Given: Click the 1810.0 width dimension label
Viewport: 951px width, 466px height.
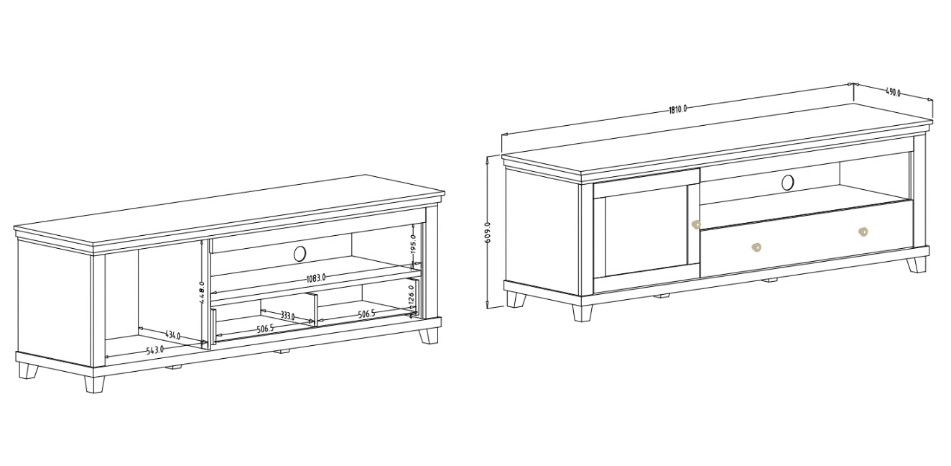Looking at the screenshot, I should (x=678, y=109).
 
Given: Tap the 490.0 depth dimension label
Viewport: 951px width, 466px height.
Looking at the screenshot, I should (x=892, y=92).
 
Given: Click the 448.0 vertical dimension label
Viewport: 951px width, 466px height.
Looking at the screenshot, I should (x=203, y=293).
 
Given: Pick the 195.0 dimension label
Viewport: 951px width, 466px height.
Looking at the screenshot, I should (x=414, y=244).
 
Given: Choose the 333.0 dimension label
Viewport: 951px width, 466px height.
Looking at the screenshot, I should (x=287, y=316).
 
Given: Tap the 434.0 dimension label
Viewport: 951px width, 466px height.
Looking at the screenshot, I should (x=172, y=335).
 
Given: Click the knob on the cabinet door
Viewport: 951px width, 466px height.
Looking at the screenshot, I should (x=695, y=224).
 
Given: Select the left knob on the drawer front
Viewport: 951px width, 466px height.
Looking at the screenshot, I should (x=756, y=247).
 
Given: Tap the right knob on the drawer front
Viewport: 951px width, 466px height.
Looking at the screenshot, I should (x=863, y=232).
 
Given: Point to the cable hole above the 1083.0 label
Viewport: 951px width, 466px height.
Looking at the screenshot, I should (x=300, y=252).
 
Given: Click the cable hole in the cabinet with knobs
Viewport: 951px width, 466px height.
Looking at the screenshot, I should (x=788, y=182).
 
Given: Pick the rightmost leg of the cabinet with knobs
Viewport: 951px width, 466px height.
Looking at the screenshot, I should (x=916, y=264).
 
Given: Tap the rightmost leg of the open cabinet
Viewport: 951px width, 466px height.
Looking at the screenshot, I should (x=429, y=335).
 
